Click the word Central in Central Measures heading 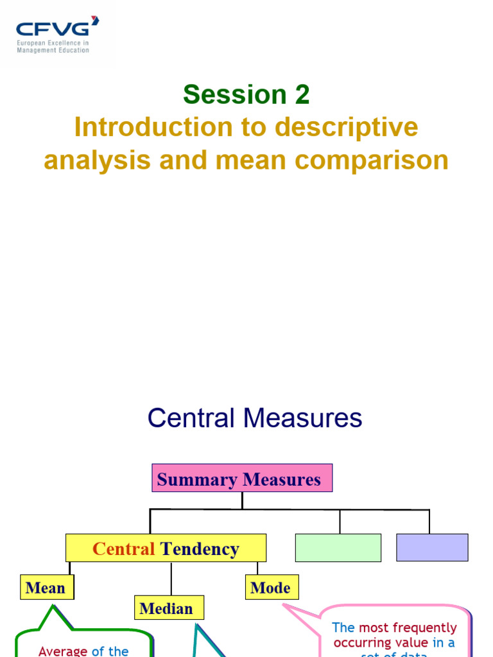coord(191,418)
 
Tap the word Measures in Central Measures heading coord(302,418)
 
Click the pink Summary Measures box coord(242,479)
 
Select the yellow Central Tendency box coord(166,549)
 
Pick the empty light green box coord(338,547)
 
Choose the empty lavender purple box coord(432,547)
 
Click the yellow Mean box coord(46,588)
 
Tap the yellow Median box coord(166,608)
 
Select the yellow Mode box coord(271,588)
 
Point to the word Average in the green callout coord(63,651)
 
